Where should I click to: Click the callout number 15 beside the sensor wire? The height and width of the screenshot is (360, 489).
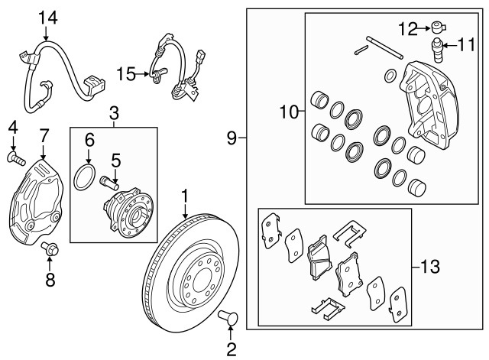coord(127,73)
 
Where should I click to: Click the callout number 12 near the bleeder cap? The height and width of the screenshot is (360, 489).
coord(406,28)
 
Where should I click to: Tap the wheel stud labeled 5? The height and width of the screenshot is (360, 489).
coord(108,184)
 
